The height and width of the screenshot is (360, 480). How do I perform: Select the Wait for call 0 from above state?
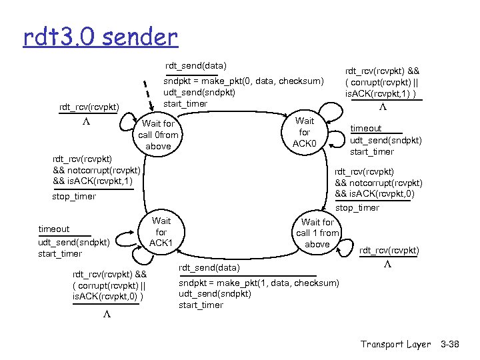tap(158, 135)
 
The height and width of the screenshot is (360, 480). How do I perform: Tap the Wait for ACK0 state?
tap(305, 132)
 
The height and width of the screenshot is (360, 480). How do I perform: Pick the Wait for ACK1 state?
tap(161, 231)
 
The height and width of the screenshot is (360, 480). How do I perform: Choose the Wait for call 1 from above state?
tap(317, 233)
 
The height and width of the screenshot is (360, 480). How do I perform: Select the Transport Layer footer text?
tap(395, 344)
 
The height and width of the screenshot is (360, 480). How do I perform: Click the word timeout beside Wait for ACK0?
tap(366, 128)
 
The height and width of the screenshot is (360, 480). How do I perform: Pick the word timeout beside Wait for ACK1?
tap(53, 229)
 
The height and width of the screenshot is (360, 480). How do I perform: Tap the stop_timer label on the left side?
tap(73, 197)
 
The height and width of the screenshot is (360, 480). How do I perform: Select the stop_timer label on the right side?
tap(357, 208)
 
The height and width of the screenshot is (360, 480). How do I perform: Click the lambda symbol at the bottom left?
tap(106, 315)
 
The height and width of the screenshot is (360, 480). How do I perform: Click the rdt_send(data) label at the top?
tap(196, 66)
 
